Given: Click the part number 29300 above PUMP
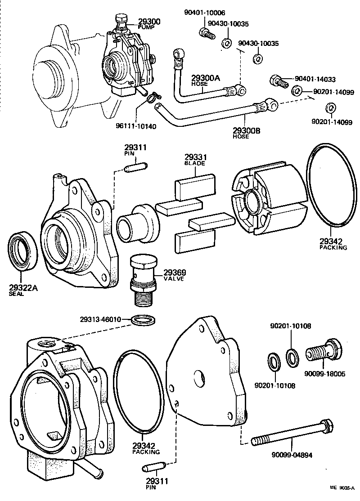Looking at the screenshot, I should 148,22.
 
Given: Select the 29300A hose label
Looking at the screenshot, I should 206,78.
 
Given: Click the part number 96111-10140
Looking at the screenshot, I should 135,126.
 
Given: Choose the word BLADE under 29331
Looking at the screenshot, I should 194,163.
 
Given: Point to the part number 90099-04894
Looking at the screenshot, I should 292,455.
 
